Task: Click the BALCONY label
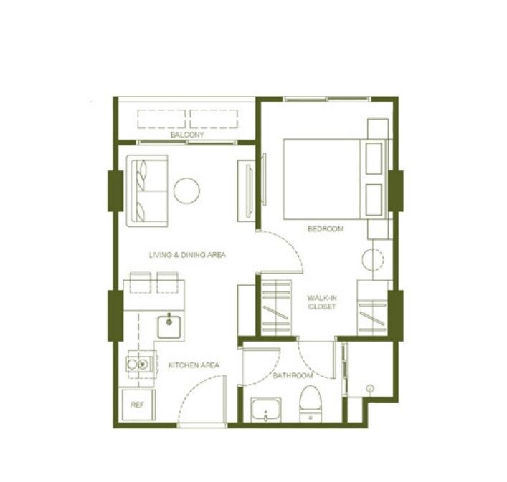187,135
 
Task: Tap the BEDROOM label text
326,229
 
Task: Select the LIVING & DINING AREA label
187,255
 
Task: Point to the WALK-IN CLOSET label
322,302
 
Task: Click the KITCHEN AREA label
194,365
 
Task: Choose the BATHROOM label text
293,375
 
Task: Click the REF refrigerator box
138,405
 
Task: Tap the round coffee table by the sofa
186,191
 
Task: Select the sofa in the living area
147,191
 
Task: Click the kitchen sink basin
169,327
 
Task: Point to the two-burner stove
141,365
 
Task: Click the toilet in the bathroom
311,404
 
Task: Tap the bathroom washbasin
266,410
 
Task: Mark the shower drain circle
371,388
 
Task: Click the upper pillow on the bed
374,158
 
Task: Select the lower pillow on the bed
374,200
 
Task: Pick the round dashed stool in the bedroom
373,259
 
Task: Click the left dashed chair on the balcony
161,119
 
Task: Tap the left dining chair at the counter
141,282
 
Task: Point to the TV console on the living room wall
247,191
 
